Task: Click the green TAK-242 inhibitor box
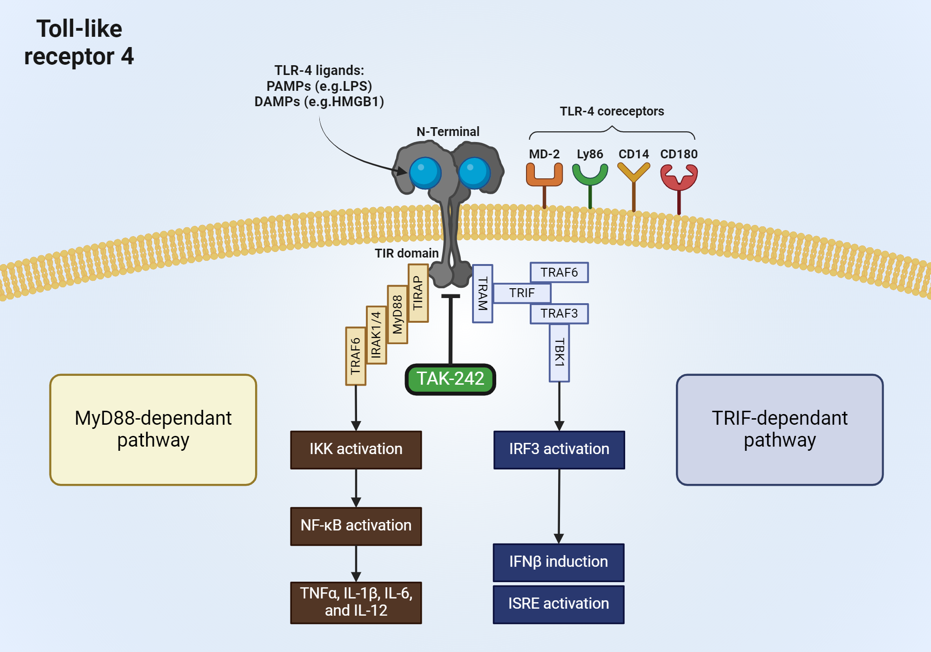[x=450, y=379]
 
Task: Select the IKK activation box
[x=356, y=449]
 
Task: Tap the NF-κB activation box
[x=356, y=526]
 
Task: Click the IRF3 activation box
[x=559, y=449]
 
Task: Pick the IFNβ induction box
[x=558, y=562]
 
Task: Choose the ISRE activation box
[x=558, y=604]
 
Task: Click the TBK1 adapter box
[x=559, y=353]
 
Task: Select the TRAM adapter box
[x=482, y=293]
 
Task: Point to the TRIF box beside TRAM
[x=521, y=293]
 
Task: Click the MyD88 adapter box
[x=397, y=314]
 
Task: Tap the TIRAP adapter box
[x=418, y=293]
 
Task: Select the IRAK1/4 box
[x=376, y=335]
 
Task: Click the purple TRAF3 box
[x=559, y=313]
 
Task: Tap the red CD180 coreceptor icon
[x=679, y=179]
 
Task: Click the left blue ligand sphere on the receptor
[x=425, y=173]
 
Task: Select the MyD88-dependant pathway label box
[x=153, y=429]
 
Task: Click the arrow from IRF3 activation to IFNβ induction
[x=559, y=505]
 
